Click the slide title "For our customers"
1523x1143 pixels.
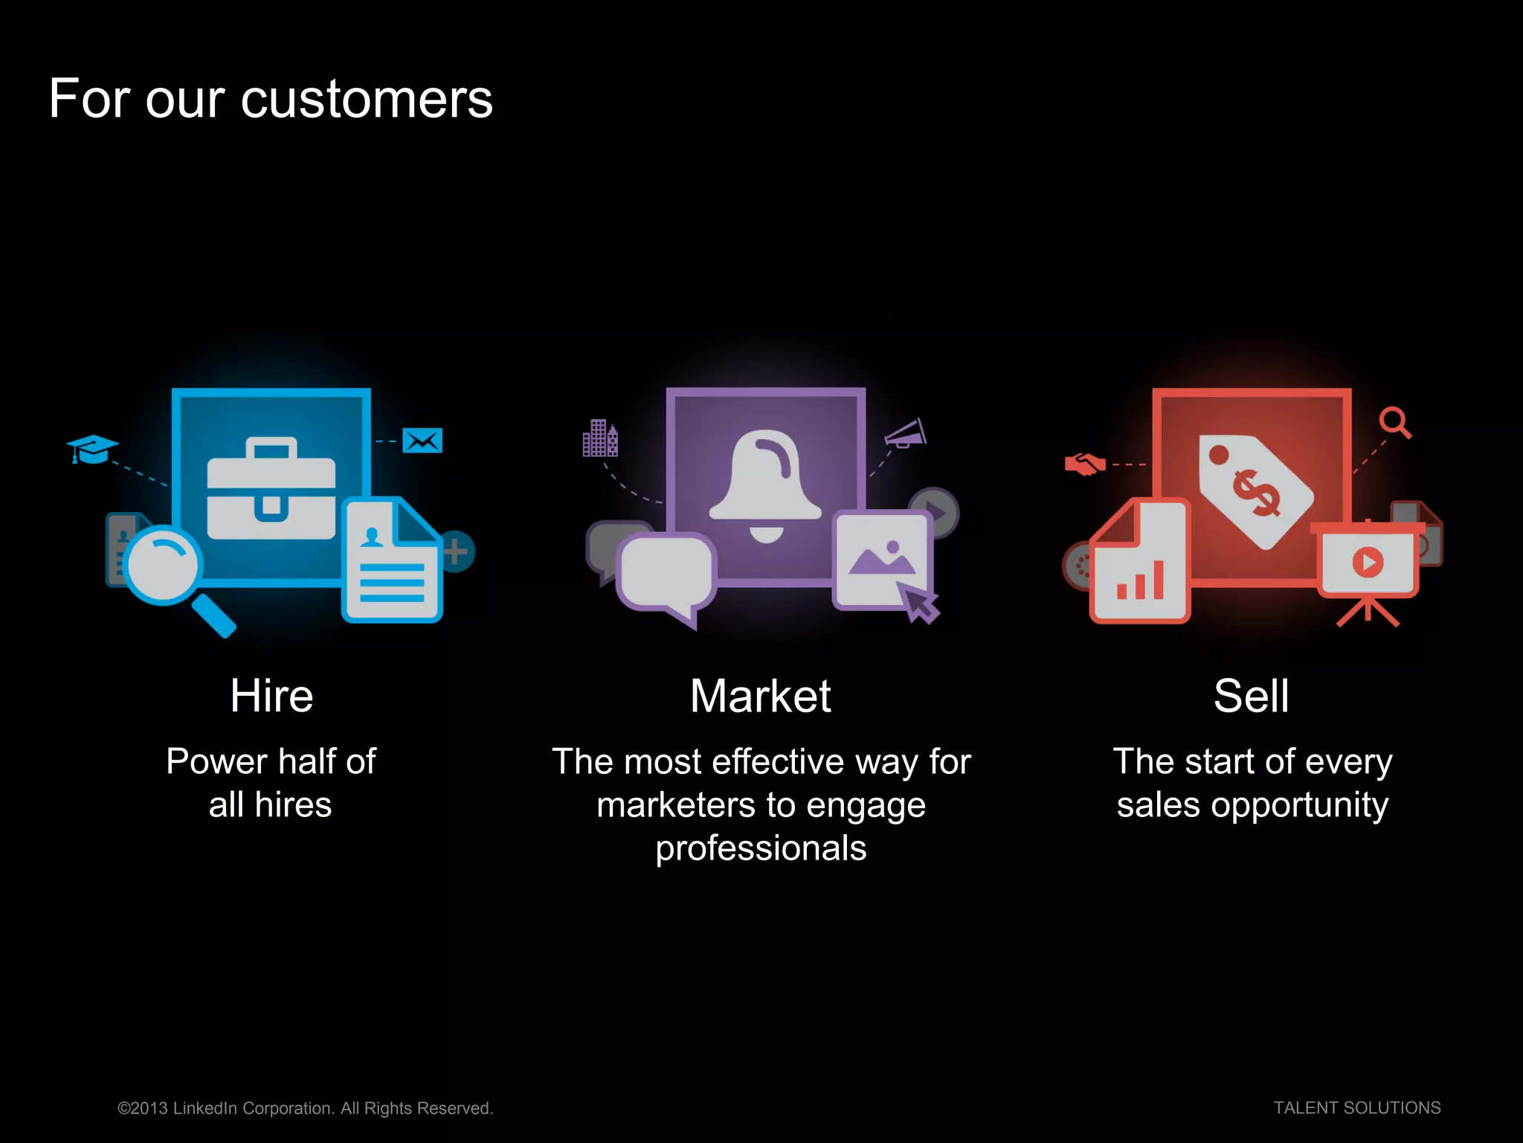point(271,99)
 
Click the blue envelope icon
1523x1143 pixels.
point(422,441)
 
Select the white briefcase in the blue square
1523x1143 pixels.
point(271,491)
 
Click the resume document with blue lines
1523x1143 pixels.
point(391,562)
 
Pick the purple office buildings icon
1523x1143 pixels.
point(599,438)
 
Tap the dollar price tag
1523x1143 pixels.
point(1255,491)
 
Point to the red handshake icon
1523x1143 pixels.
point(1085,464)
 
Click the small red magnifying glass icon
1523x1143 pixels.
point(1394,422)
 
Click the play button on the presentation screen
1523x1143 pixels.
point(1368,562)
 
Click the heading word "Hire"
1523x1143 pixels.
point(271,697)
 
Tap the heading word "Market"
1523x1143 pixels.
point(760,697)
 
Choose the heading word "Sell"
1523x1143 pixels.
point(1251,697)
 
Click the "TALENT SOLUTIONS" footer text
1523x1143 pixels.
point(1356,1108)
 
